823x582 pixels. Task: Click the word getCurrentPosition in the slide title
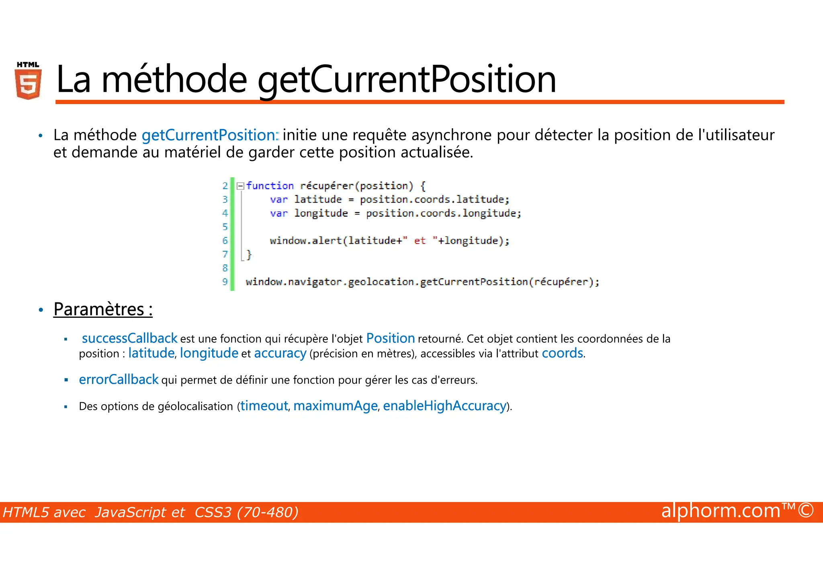tap(407, 79)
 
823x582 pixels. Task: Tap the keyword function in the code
tap(270, 186)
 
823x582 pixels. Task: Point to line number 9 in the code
tap(225, 282)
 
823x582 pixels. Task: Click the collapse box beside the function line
tap(240, 186)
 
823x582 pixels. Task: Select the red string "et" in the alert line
tap(420, 241)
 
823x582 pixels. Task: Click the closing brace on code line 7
tap(249, 254)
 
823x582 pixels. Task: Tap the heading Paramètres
tap(103, 309)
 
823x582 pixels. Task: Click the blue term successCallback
tap(129, 338)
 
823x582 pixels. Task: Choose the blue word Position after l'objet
tap(390, 338)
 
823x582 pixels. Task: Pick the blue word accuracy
tap(280, 353)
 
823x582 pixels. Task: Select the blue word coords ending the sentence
tap(562, 353)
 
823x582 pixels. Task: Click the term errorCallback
tap(119, 380)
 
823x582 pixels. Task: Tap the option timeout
tap(264, 406)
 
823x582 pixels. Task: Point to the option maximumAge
tap(335, 406)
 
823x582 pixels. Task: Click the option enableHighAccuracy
tap(444, 406)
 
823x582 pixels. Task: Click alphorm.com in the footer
tap(721, 511)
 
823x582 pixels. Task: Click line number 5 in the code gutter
tap(225, 227)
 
